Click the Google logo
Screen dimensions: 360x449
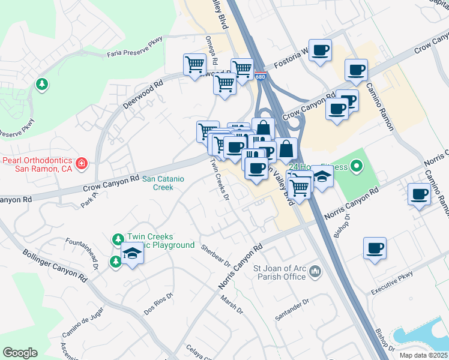coord(20,353)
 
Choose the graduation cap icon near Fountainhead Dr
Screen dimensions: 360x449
coord(133,254)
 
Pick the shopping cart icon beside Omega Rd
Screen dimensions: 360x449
coord(194,64)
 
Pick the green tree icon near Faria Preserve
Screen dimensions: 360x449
coord(42,84)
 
